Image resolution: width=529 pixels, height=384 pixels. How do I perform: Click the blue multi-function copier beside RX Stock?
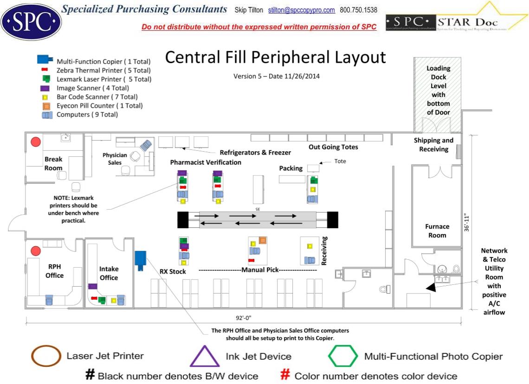(x=140, y=258)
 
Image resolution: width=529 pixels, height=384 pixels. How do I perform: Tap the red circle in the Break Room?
(x=36, y=142)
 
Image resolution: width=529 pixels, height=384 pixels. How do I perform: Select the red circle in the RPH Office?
(x=36, y=251)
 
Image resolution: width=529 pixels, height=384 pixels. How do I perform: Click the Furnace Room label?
(x=437, y=231)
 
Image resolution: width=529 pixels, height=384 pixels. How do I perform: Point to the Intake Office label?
(x=109, y=273)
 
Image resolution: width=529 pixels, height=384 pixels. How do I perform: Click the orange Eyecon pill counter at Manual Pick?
(x=263, y=240)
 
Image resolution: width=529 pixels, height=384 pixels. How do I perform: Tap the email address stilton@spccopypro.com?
(x=301, y=10)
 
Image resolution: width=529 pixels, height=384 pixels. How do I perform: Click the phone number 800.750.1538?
(x=359, y=10)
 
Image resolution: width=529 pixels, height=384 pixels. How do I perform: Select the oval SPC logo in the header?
(x=31, y=20)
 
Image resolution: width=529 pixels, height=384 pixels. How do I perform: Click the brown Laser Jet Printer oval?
(x=46, y=356)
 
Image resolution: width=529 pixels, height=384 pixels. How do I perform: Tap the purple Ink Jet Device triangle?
(x=205, y=357)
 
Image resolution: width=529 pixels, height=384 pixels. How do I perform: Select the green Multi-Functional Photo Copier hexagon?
(x=343, y=357)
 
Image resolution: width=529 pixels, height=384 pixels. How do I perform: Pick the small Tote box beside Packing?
(x=314, y=168)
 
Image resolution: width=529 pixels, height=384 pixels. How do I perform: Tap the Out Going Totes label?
(x=333, y=147)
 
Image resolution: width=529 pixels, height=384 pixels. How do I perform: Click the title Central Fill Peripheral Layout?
(x=275, y=58)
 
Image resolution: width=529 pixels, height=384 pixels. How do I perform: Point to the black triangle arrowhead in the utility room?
(x=431, y=288)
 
